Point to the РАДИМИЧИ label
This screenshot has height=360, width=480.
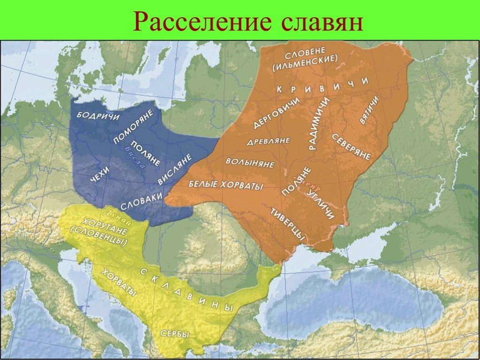tap(319, 124)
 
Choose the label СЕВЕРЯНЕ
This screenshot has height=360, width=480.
tap(352, 146)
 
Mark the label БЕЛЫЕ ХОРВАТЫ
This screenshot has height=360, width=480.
tap(225, 184)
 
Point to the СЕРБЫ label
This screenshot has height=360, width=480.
tap(175, 334)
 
